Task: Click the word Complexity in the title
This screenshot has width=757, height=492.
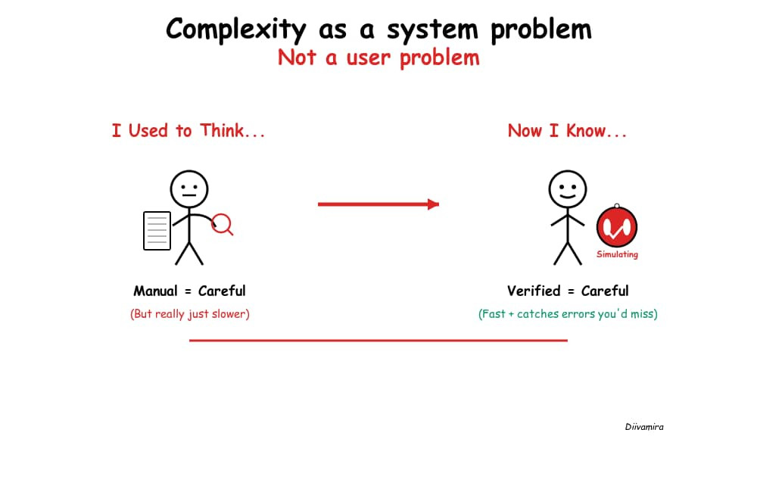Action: (235, 30)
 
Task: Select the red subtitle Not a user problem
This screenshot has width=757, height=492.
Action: (378, 58)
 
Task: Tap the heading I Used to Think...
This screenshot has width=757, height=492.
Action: (188, 131)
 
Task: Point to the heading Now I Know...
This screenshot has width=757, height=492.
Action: (567, 131)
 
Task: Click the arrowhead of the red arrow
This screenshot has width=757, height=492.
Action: (434, 204)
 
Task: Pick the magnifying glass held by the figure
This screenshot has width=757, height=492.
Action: (222, 223)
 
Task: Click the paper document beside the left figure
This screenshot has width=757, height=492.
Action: (157, 231)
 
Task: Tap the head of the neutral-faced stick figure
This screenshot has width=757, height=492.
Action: (188, 189)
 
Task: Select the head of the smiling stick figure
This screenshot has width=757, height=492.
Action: (567, 189)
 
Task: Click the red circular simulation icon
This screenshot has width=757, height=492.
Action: (617, 227)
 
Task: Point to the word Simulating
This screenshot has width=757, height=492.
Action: (617, 254)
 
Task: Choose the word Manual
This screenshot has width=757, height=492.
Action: (155, 291)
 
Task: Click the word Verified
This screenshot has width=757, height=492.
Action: (534, 291)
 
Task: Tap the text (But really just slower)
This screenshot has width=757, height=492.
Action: (189, 313)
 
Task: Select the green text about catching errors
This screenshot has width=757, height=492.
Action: (568, 313)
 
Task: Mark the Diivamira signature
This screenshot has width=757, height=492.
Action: (644, 427)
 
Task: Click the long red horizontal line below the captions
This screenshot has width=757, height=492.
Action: (378, 341)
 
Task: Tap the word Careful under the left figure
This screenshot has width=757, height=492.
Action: (222, 291)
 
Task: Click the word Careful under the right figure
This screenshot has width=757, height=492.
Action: (605, 291)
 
